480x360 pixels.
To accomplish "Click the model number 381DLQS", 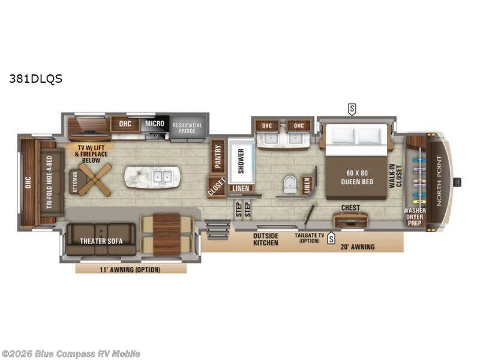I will point(35,78).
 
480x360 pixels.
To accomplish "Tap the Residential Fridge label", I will point(187,128).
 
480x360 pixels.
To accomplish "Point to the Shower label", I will point(241,161).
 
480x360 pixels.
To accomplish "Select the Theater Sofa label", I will point(97,241).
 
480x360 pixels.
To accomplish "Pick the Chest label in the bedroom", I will point(350,208).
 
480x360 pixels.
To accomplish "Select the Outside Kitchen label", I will point(265,239).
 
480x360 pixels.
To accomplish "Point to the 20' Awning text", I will point(357,247).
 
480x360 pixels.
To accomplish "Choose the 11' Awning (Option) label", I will point(131,269).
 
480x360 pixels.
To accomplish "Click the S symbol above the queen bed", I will point(352,108).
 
